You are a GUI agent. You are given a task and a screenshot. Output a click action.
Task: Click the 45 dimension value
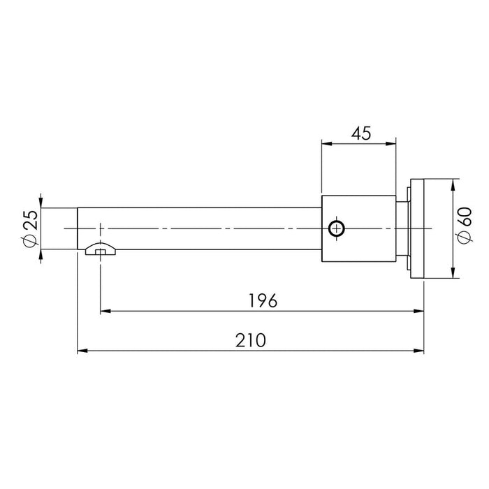tap(361, 133)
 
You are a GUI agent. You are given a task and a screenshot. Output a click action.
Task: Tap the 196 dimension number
tap(263, 300)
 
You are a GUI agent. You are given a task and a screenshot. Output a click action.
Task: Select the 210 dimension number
tap(250, 340)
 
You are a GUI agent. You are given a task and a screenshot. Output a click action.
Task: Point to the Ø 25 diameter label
tap(30, 228)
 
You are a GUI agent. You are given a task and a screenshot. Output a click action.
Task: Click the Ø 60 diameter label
tap(465, 225)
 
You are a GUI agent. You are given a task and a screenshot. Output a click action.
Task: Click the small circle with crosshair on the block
tap(337, 228)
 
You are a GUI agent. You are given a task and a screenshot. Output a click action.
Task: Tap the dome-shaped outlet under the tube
tap(101, 249)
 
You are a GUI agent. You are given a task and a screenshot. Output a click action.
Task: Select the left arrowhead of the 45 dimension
tap(326, 143)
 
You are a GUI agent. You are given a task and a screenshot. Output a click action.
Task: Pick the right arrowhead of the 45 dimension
tap(391, 143)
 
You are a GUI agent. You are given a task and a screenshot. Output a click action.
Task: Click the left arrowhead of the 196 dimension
tap(105, 311)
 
